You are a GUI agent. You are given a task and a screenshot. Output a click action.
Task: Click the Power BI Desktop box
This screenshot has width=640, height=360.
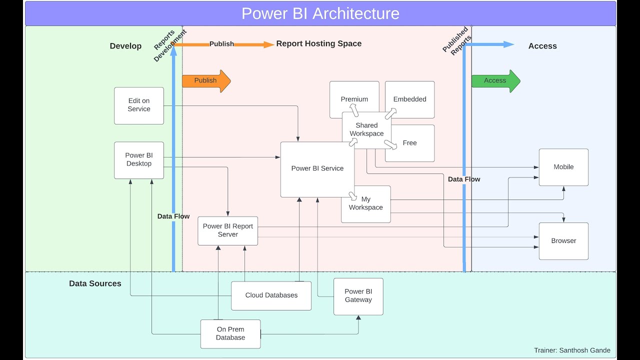coord(139,160)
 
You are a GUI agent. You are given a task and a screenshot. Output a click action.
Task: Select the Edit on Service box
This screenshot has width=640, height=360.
coord(139,105)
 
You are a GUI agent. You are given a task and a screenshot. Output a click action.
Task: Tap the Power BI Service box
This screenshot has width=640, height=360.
coord(317,169)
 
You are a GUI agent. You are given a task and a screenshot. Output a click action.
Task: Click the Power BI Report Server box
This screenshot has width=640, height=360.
coord(227,230)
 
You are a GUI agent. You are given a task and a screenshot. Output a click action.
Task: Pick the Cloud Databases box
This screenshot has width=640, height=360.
coord(271,295)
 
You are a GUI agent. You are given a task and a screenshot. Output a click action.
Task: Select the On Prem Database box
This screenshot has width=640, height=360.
coord(230,334)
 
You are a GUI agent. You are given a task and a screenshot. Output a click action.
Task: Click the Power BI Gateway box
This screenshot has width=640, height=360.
coord(358,296)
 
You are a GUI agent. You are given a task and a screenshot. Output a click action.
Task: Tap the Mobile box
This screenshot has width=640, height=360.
coord(563,167)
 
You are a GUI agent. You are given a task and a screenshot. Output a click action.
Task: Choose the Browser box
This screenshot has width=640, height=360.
coord(563,241)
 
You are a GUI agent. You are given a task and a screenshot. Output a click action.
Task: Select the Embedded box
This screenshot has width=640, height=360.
coord(409,99)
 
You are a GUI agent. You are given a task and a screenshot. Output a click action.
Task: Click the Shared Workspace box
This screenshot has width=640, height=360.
coord(366,130)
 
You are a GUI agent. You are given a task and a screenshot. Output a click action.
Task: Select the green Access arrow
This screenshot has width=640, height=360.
coord(495,81)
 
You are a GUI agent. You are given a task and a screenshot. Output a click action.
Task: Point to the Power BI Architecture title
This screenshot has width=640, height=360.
coord(320,13)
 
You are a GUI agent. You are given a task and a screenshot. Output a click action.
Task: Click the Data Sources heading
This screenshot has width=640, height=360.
coord(95,283)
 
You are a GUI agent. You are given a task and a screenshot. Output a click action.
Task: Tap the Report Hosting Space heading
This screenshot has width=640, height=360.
coord(318,44)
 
